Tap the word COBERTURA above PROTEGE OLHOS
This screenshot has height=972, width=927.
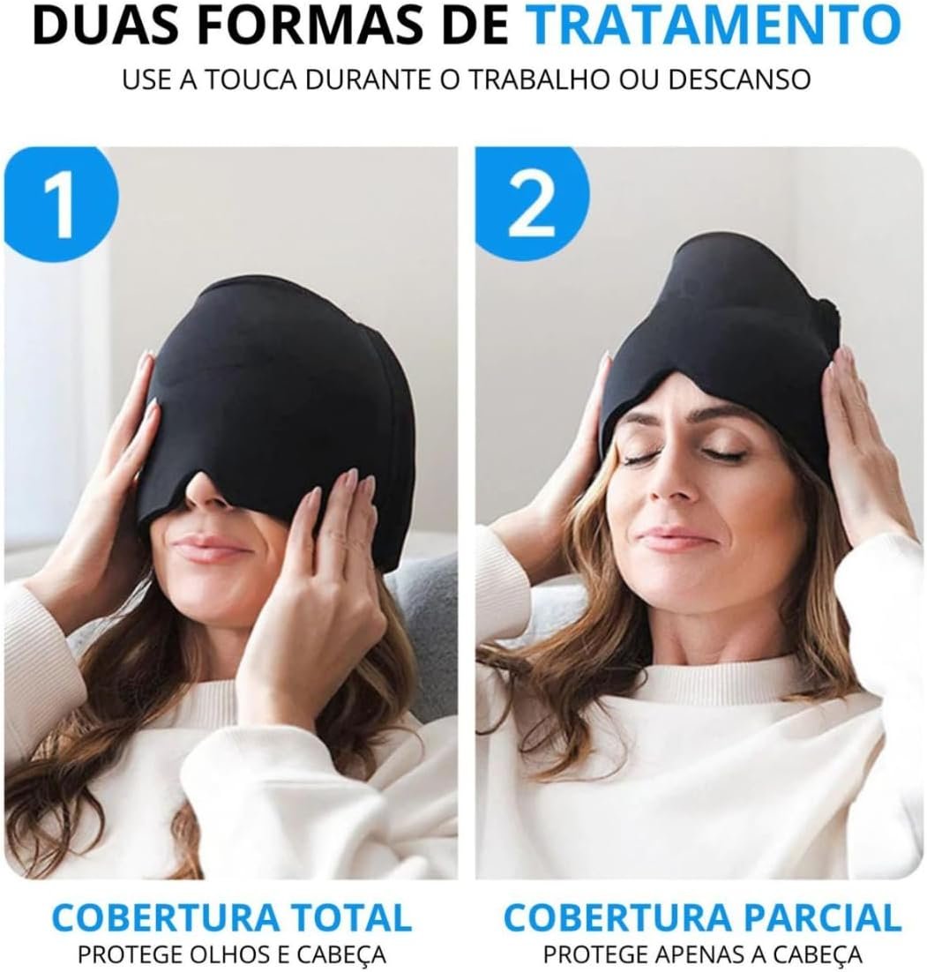[153, 916]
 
